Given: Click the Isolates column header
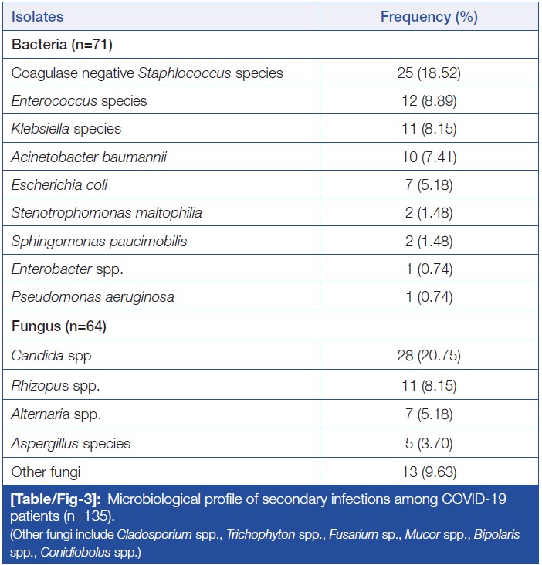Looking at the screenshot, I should pyautogui.click(x=38, y=16).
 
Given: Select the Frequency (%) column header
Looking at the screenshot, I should pyautogui.click(x=429, y=16).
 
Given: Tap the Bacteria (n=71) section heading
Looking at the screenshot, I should pyautogui.click(x=62, y=45).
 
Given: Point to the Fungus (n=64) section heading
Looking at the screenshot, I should pyautogui.click(x=59, y=326).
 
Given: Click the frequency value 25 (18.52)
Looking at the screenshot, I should pyautogui.click(x=429, y=73).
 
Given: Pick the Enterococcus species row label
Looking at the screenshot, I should pyautogui.click(x=79, y=101).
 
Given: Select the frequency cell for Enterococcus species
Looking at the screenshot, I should pyautogui.click(x=429, y=101).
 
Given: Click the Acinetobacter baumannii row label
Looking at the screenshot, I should pyautogui.click(x=89, y=157).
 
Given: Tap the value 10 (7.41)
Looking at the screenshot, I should pyautogui.click(x=429, y=157).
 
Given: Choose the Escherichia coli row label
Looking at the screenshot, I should pyautogui.click(x=59, y=185).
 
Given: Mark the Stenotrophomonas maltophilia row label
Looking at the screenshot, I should pyautogui.click(x=107, y=213).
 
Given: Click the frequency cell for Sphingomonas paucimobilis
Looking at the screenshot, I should pyautogui.click(x=429, y=242).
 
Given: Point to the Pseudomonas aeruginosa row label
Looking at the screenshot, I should pyautogui.click(x=93, y=297).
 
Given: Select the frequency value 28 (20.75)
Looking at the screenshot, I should pyautogui.click(x=429, y=357).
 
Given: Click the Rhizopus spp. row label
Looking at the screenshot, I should pyautogui.click(x=56, y=385).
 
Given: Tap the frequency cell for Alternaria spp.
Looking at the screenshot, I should pyautogui.click(x=429, y=414).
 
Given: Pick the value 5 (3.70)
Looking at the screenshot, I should pyautogui.click(x=429, y=443).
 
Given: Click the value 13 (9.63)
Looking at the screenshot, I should pyautogui.click(x=429, y=472).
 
